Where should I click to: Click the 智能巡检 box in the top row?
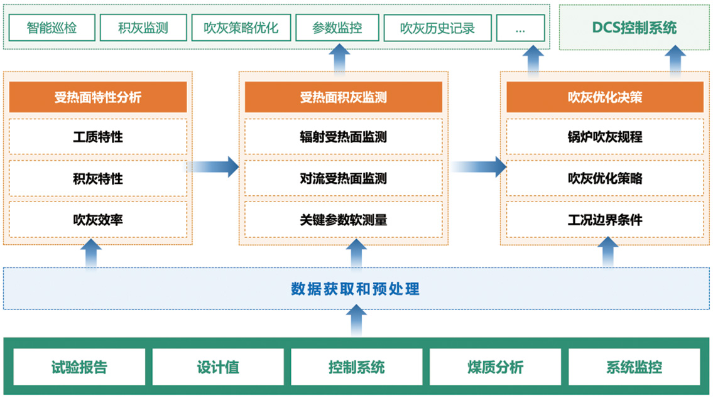pyautogui.click(x=52, y=28)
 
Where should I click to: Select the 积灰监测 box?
pyautogui.click(x=143, y=28)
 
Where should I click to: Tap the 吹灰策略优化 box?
pyautogui.click(x=241, y=28)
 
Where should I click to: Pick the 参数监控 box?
pyautogui.click(x=337, y=28)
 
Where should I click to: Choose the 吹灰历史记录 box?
pyautogui.click(x=437, y=28)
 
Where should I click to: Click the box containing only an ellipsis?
pyautogui.click(x=520, y=28)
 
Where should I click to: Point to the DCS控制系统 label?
pyautogui.click(x=634, y=28)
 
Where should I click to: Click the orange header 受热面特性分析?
pyautogui.click(x=98, y=97)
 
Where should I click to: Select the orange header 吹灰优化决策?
pyautogui.click(x=605, y=97)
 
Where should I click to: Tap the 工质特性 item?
pyautogui.click(x=98, y=137)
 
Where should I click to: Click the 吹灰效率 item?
pyautogui.click(x=98, y=220)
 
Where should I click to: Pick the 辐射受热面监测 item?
pyautogui.click(x=344, y=137)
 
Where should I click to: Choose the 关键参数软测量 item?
pyautogui.click(x=344, y=220)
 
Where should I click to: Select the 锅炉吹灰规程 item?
pyautogui.click(x=605, y=137)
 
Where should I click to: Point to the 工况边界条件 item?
pyautogui.click(x=605, y=220)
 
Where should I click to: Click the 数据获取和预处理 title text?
pyautogui.click(x=355, y=289)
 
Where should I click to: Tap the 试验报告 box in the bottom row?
pyautogui.click(x=79, y=367)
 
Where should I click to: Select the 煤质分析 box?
pyautogui.click(x=495, y=367)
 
